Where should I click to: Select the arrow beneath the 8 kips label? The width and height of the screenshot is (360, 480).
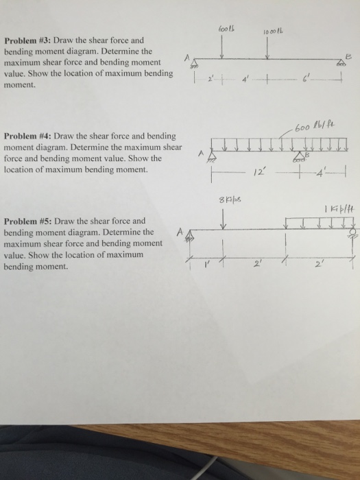(224, 219)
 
